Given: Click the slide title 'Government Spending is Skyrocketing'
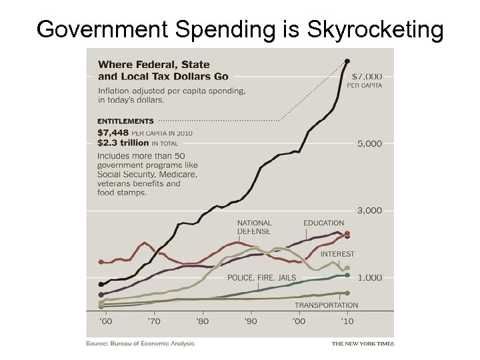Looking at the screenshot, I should point(240,29).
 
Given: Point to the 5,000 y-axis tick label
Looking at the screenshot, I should point(369,143).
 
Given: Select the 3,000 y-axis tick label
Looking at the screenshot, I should point(369,211).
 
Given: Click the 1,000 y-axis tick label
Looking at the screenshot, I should point(369,277).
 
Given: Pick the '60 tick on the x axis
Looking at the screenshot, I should point(105,321).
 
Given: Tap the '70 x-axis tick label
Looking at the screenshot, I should point(154,321).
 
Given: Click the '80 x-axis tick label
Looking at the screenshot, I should point(202,321).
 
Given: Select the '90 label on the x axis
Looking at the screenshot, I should point(251,321).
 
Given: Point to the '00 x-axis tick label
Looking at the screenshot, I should point(299,321).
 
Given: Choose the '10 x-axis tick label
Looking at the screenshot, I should point(347,321).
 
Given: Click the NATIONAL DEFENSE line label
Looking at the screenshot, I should point(254,227).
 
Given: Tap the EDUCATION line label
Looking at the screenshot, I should point(323,223).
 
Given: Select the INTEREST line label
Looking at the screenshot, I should point(337,254).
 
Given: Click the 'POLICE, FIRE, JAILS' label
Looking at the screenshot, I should point(262,277).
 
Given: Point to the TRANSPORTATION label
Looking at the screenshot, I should point(326,305).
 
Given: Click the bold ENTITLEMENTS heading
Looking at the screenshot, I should point(125,121).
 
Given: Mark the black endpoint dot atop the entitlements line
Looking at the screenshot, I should point(347,62).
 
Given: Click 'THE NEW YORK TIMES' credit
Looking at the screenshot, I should point(363,344).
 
